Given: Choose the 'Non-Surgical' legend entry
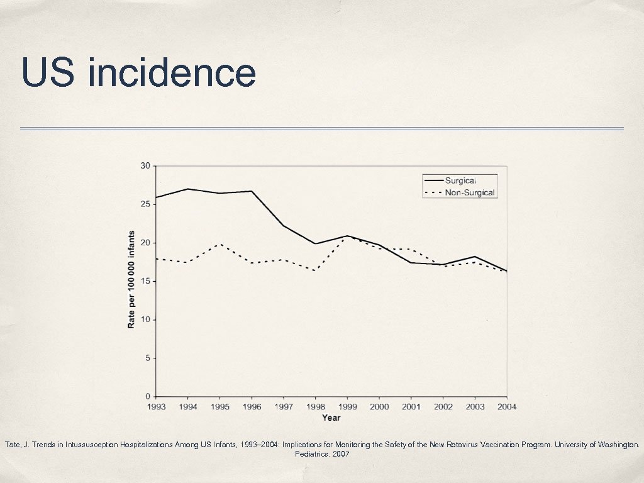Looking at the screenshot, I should click(470, 192).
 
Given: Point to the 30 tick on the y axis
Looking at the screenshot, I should click(145, 166).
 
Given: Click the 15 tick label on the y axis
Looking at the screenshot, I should click(145, 281).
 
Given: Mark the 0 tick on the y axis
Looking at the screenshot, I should click(148, 396).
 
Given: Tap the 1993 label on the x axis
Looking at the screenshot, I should click(156, 407).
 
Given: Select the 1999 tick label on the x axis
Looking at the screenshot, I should click(347, 407).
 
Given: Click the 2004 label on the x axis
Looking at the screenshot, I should click(506, 407).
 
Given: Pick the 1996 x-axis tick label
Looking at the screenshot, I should click(252, 407).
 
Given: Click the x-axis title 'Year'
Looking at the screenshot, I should click(331, 418).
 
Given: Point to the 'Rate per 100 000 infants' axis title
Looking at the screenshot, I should click(131, 279).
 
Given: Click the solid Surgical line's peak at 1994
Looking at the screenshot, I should click(188, 189).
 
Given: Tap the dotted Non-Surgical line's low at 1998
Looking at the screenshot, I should click(315, 270).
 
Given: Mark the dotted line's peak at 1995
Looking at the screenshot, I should click(220, 244).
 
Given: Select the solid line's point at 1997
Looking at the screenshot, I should click(284, 226).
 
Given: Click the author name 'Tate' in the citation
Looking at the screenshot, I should click(13, 445).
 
